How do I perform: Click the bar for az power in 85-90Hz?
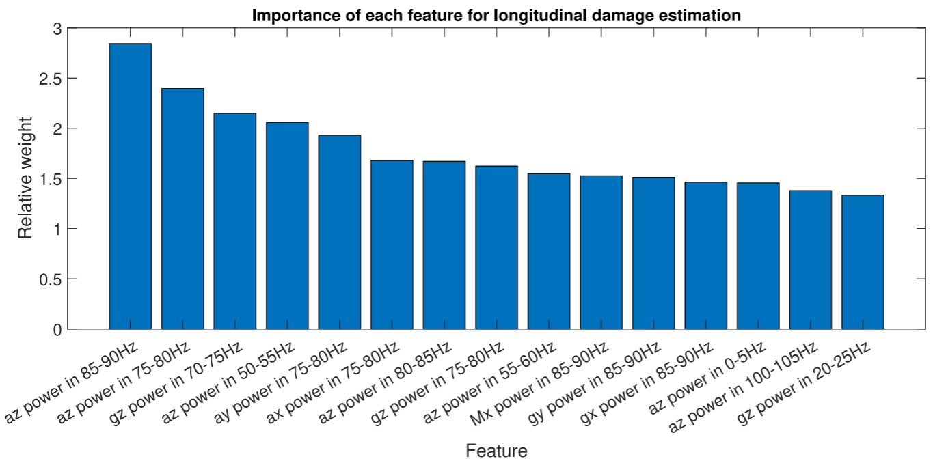[131, 186]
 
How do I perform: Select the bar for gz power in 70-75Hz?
[235, 221]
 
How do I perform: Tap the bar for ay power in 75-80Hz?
[340, 232]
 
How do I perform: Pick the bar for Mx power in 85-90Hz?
[601, 253]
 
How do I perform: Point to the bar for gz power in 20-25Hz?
[863, 262]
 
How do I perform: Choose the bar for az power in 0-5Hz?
[758, 256]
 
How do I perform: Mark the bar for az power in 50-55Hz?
[287, 225]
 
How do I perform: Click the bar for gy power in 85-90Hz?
[653, 253]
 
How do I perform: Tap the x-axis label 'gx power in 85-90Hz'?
[647, 383]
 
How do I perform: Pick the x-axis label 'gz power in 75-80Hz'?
[437, 383]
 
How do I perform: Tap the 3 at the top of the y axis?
[57, 29]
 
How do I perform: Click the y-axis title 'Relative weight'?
[25, 178]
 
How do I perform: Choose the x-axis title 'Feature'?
[496, 451]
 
